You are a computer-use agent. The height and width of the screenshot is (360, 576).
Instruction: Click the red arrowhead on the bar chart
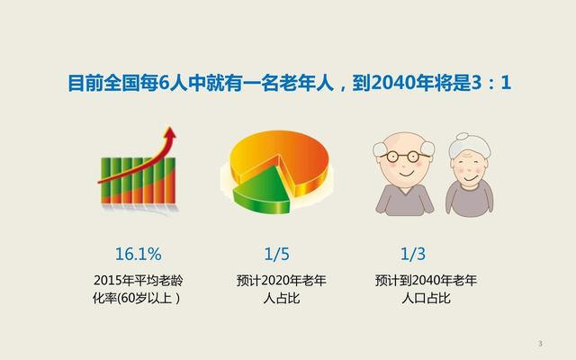point(170,134)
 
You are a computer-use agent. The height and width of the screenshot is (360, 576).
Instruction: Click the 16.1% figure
point(138,254)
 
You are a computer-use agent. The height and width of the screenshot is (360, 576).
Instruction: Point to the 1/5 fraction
point(276,254)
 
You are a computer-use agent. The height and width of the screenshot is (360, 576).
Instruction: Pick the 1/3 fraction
point(413,254)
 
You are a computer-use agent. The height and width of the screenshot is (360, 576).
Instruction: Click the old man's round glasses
point(403,157)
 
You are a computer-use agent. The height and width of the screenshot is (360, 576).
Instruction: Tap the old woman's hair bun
point(463,137)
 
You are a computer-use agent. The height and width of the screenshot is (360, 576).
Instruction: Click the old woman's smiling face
point(469,168)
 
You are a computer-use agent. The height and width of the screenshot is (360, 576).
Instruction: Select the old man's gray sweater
point(404,200)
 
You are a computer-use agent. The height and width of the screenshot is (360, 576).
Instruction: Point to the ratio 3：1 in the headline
point(490,83)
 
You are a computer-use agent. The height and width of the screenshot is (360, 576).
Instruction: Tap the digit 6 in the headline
point(163,83)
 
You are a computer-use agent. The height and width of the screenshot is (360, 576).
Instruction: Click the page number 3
point(540,344)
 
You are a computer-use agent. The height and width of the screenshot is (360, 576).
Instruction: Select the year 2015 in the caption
point(108,281)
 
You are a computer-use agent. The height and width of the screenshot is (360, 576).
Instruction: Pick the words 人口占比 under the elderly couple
point(426,298)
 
